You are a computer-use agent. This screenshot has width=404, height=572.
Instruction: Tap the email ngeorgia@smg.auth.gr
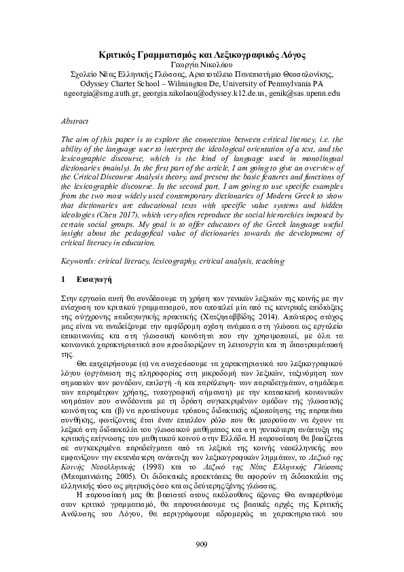point(101,93)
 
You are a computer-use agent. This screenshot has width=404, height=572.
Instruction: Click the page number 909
point(201,543)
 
